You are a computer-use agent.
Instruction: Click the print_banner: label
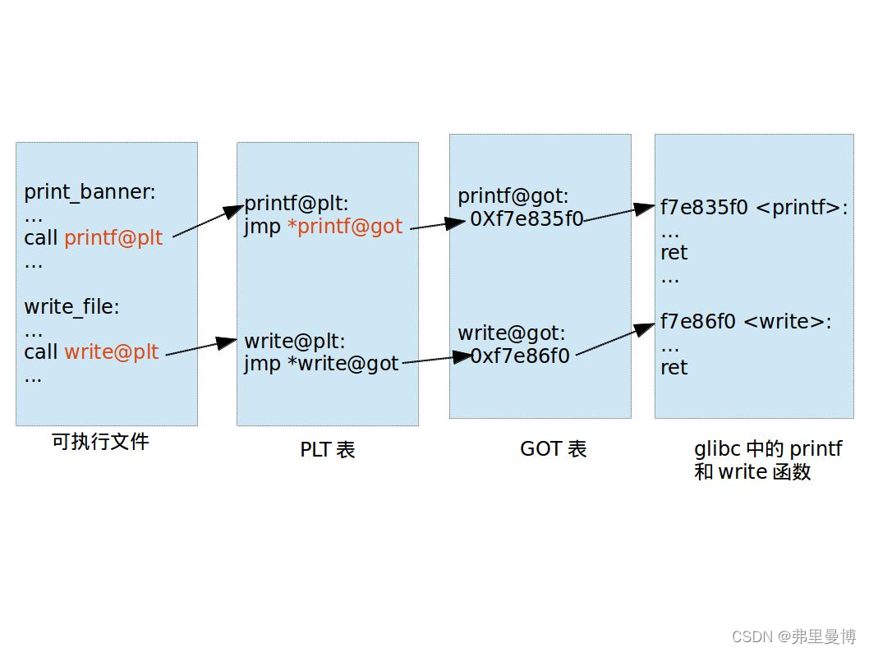tap(90, 192)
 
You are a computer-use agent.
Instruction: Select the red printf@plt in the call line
tap(113, 238)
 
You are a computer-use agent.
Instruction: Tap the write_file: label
tap(71, 307)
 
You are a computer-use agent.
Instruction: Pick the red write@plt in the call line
tap(111, 352)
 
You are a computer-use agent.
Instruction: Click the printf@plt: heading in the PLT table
tap(297, 204)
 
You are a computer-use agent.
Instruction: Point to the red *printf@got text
tap(345, 227)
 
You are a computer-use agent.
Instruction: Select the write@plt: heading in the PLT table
tap(295, 341)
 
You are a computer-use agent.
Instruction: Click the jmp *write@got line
tap(321, 363)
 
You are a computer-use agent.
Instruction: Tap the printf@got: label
tap(513, 196)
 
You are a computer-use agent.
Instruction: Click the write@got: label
tap(512, 333)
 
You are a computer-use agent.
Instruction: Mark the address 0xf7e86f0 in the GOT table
tap(520, 356)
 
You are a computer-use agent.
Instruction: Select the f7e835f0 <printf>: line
tap(753, 208)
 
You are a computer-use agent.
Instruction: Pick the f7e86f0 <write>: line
tap(746, 322)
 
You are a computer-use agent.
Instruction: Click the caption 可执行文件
tap(100, 442)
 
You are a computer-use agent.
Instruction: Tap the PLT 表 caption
tap(327, 449)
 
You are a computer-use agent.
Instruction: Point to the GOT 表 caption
tap(553, 448)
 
